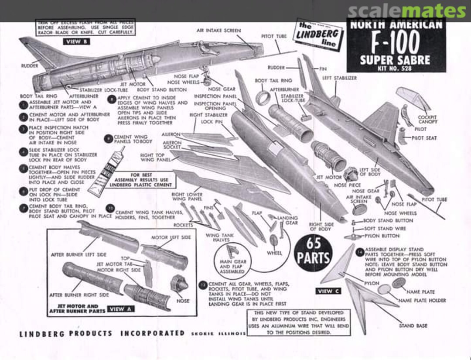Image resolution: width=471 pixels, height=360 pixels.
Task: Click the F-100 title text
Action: [396, 42]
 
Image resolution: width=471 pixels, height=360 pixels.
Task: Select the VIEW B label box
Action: [77, 42]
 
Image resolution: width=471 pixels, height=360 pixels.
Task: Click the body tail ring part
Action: [263, 97]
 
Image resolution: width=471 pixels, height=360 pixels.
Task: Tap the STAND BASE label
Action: [413, 326]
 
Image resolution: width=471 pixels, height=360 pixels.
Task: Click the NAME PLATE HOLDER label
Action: [428, 301]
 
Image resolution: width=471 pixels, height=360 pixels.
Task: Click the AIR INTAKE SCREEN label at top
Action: [218, 31]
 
